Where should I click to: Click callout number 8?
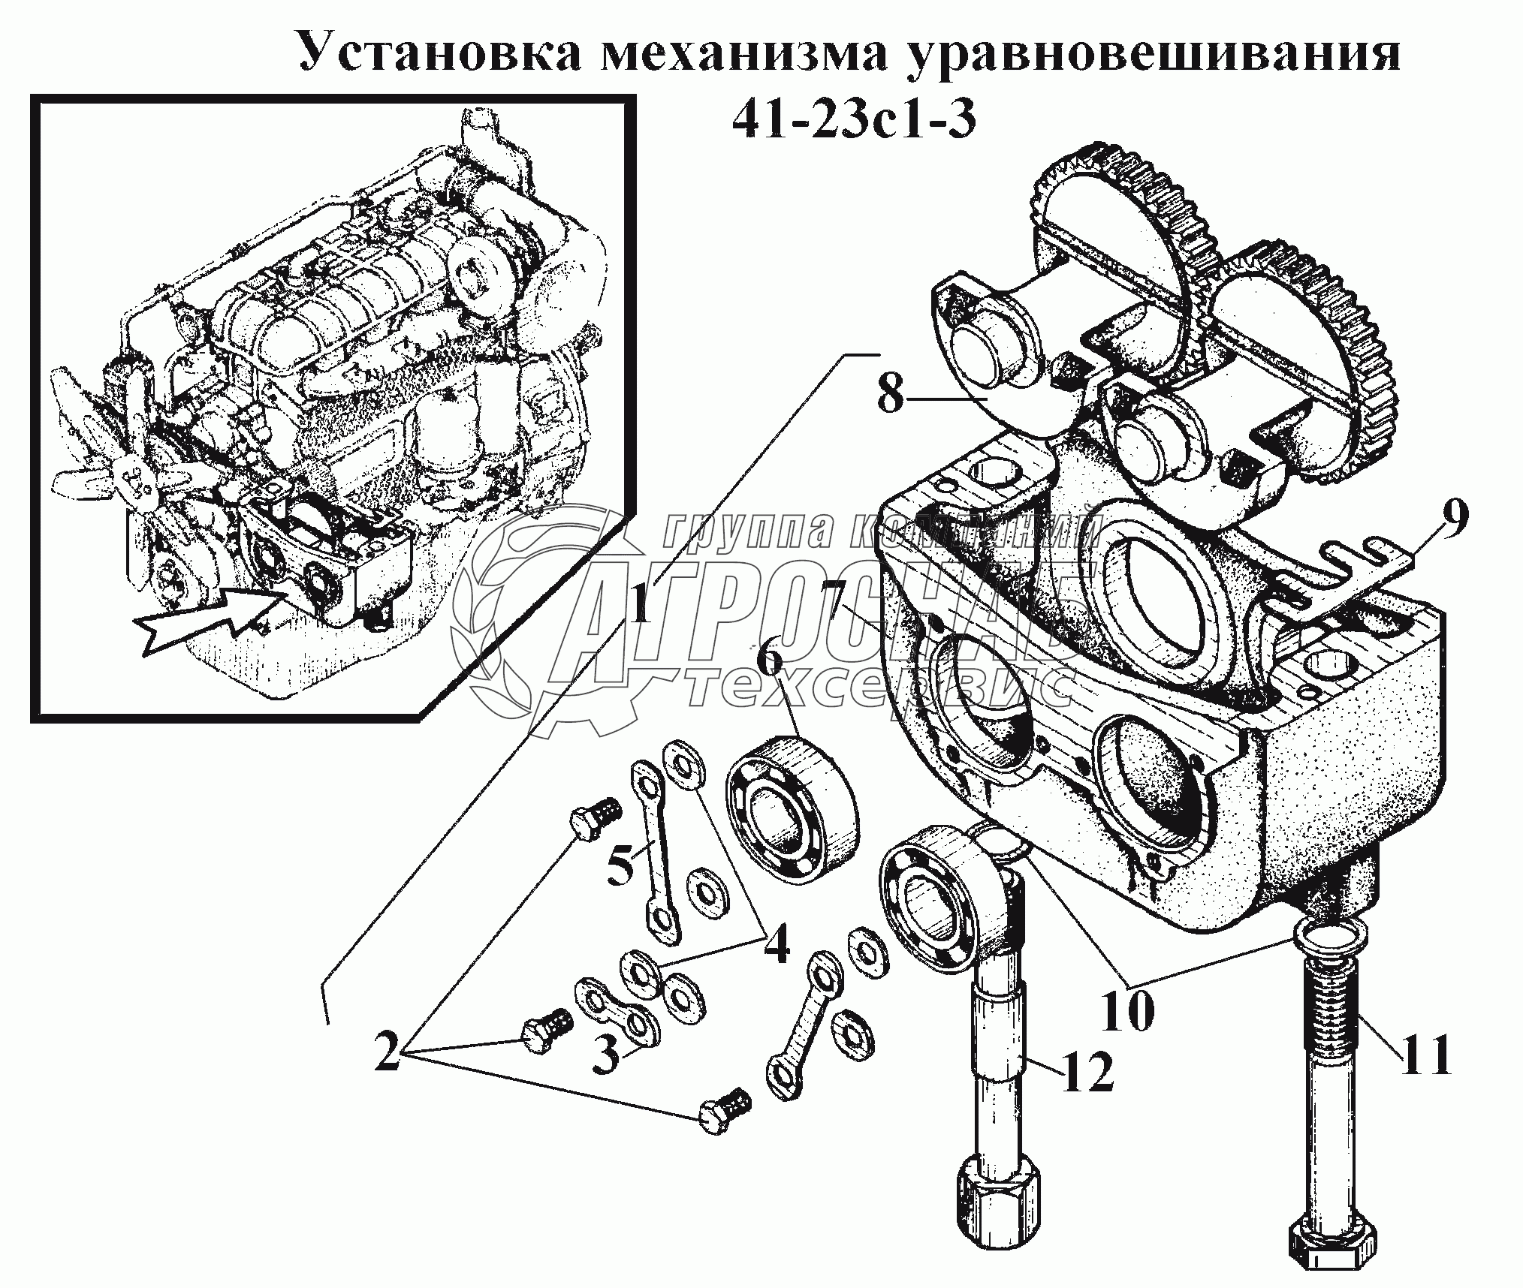point(891,393)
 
